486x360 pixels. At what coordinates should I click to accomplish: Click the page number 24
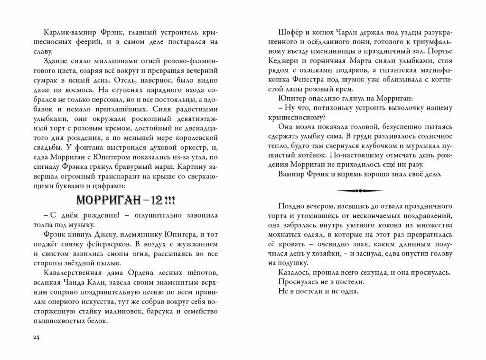pyautogui.click(x=36, y=337)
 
